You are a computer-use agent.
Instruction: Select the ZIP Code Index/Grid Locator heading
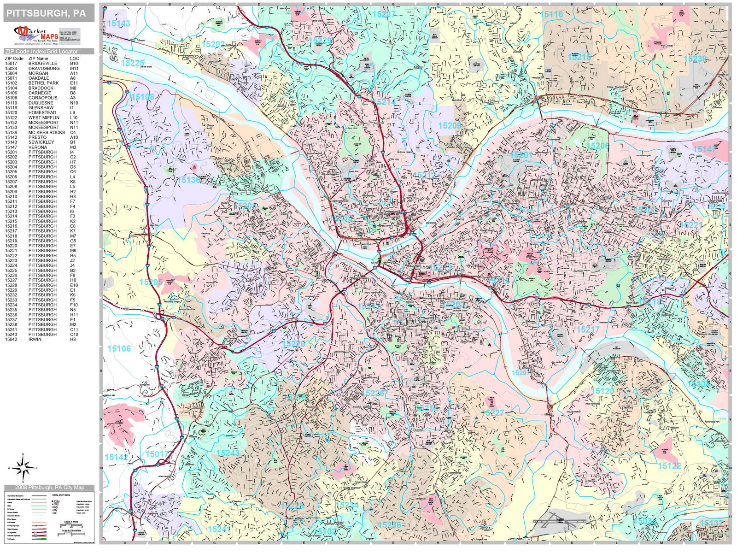pyautogui.click(x=41, y=52)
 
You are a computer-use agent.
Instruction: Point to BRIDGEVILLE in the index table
pyautogui.click(x=43, y=64)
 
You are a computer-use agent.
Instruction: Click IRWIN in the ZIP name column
pyautogui.click(x=35, y=339)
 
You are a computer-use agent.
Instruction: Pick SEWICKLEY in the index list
pyautogui.click(x=41, y=142)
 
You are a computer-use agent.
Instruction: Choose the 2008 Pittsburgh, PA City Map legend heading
pyautogui.click(x=49, y=488)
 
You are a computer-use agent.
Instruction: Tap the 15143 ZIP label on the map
pyautogui.click(x=118, y=24)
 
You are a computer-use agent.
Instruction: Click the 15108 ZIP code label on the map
pyautogui.click(x=142, y=97)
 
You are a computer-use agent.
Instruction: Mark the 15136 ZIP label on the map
pyautogui.click(x=189, y=180)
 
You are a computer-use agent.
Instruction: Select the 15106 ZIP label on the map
pyautogui.click(x=119, y=349)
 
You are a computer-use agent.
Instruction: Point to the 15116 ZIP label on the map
pyautogui.click(x=551, y=14)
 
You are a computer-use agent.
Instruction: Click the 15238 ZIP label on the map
pyautogui.click(x=695, y=59)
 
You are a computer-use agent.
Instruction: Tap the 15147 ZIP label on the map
pyautogui.click(x=704, y=149)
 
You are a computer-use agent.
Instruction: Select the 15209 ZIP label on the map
pyautogui.click(x=450, y=126)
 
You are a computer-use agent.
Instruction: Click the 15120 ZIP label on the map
pyautogui.click(x=602, y=391)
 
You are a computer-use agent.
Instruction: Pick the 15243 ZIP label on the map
pyautogui.click(x=228, y=453)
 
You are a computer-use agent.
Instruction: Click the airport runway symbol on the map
pyautogui.click(x=560, y=521)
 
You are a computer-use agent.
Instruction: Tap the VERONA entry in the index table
pyautogui.click(x=37, y=147)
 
